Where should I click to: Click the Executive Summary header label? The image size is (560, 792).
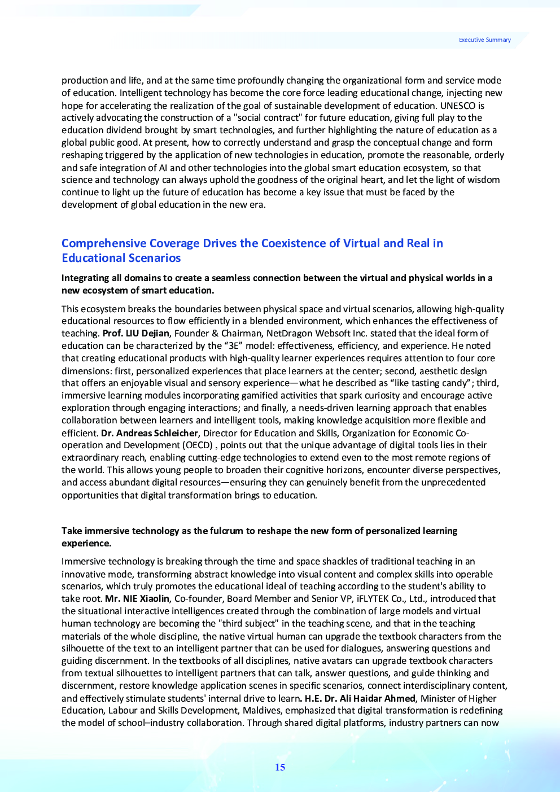coord(484,40)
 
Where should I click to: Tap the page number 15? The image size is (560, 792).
coord(280,767)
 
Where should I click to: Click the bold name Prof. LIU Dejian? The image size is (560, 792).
coord(136,334)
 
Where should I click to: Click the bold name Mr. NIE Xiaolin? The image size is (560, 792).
coord(137,599)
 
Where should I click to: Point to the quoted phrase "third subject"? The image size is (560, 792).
coord(247,624)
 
